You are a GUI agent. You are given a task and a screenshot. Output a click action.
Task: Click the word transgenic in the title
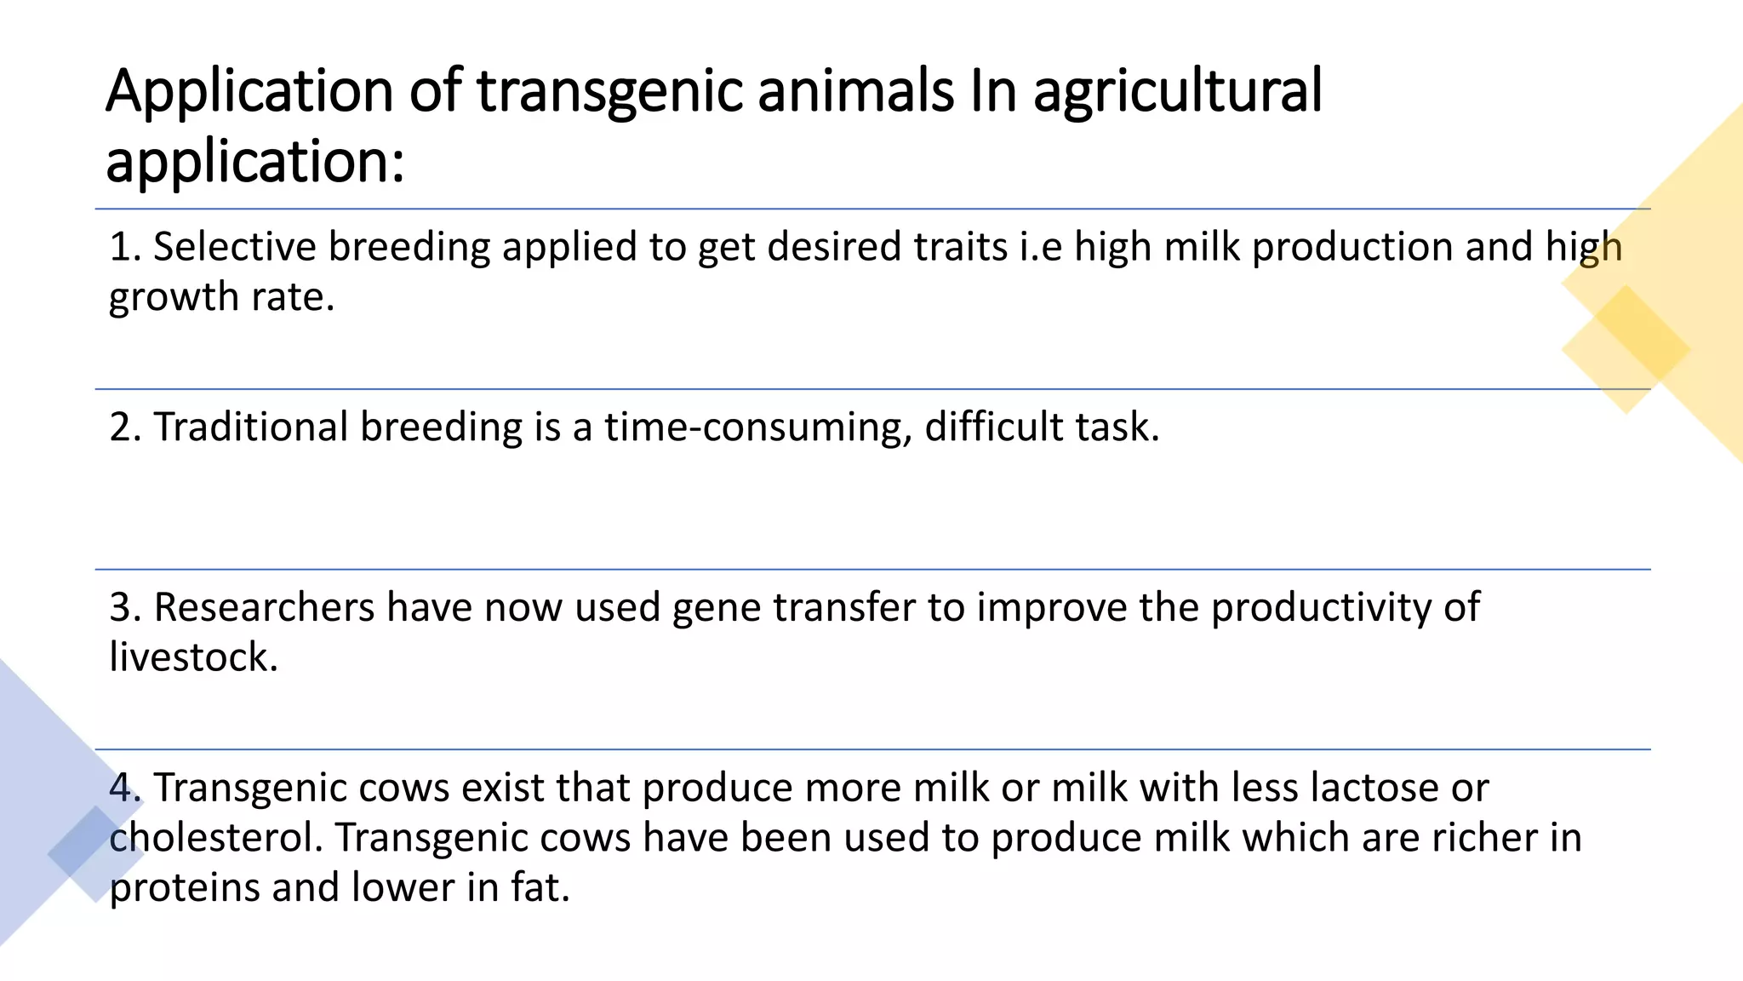pyautogui.click(x=609, y=92)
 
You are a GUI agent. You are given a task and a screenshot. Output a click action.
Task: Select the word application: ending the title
pyautogui.click(x=254, y=162)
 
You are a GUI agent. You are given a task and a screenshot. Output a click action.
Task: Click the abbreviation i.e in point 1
pyautogui.click(x=1040, y=247)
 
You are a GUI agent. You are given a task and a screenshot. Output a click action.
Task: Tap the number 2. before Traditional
pyautogui.click(x=125, y=427)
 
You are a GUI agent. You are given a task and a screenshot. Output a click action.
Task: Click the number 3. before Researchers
pyautogui.click(x=125, y=607)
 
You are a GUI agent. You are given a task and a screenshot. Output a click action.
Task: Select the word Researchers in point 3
pyautogui.click(x=264, y=607)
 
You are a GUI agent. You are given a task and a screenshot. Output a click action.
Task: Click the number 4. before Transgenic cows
pyautogui.click(x=125, y=788)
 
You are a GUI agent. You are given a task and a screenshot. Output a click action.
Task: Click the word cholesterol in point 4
pyautogui.click(x=216, y=838)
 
